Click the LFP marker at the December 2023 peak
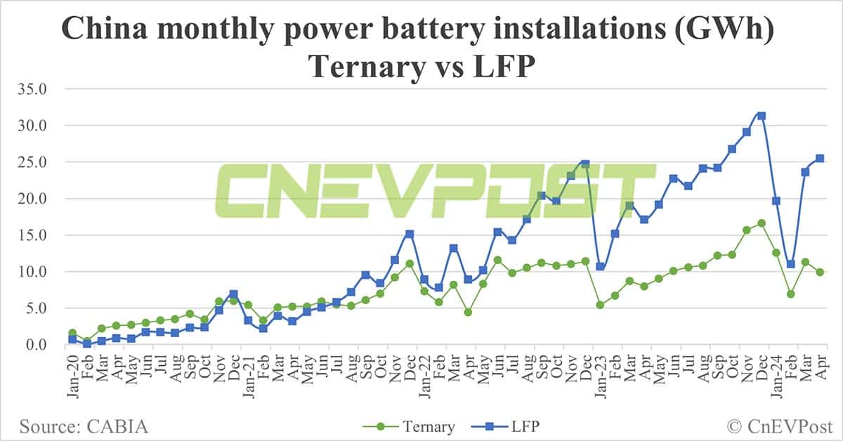[761, 116]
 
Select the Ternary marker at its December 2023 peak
[761, 223]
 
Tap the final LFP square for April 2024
[819, 159]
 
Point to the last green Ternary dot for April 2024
[819, 272]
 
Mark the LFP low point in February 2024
[790, 264]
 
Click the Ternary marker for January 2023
[600, 305]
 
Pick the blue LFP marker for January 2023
[600, 267]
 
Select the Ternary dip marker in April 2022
[467, 312]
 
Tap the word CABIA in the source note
[119, 426]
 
